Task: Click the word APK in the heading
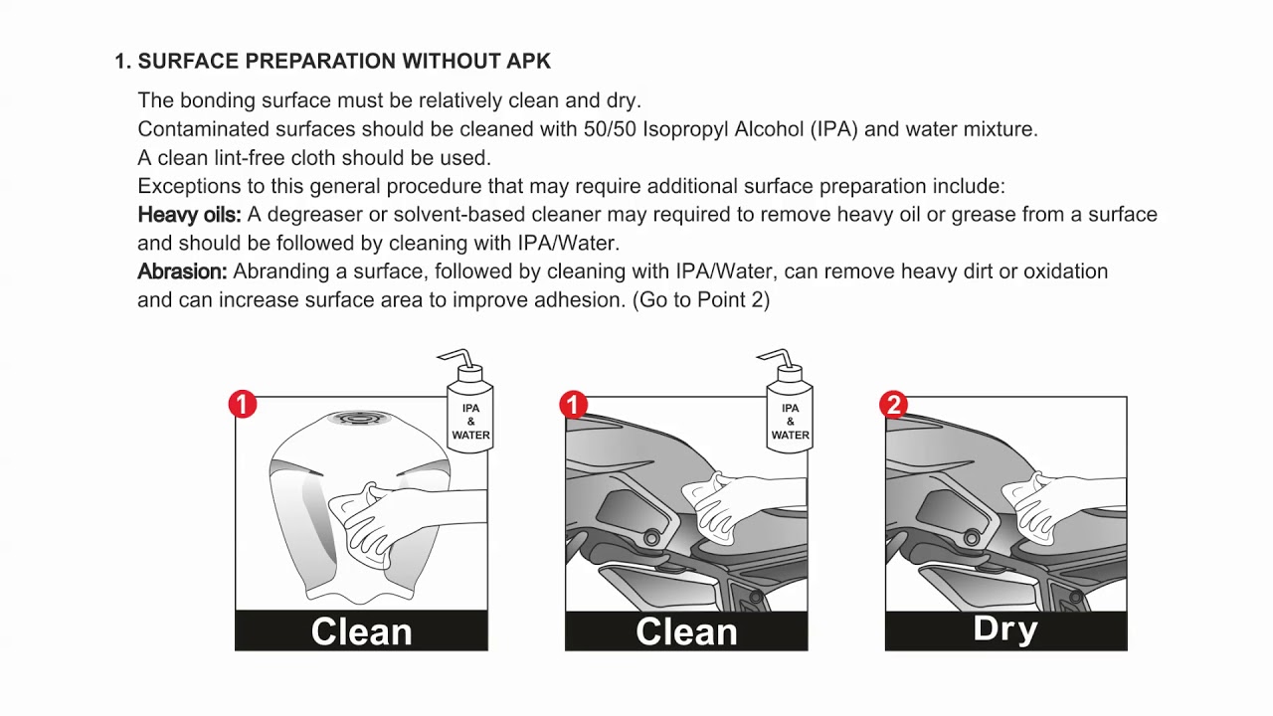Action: point(528,61)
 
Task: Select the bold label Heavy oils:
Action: point(189,214)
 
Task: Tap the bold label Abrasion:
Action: point(182,271)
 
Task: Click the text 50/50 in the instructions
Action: point(610,129)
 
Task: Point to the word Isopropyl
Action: point(685,129)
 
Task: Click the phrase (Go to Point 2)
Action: point(701,300)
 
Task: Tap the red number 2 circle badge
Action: point(893,405)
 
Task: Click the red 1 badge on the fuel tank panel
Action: point(243,405)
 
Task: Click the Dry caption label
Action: point(1005,629)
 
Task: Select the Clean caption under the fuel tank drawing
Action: point(361,631)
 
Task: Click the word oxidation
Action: point(1065,271)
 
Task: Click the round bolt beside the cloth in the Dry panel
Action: point(972,536)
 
